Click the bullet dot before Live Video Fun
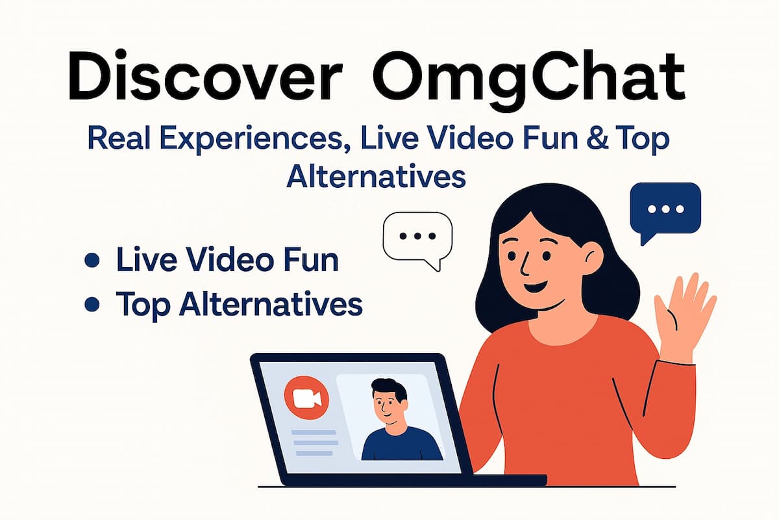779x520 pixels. [x=92, y=261]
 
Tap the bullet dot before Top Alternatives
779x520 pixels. [x=92, y=303]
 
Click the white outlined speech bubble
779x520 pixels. [x=417, y=237]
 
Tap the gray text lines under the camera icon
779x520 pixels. [x=312, y=442]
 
